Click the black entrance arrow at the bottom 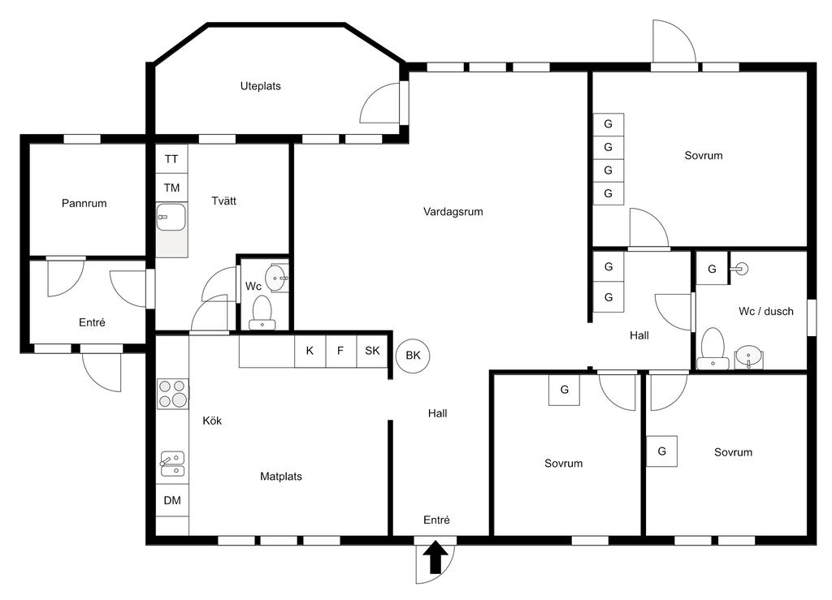pyautogui.click(x=435, y=558)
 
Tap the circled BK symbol pyautogui.click(x=413, y=355)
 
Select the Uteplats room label pyautogui.click(x=260, y=85)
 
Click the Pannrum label pyautogui.click(x=84, y=203)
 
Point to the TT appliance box pyautogui.click(x=171, y=158)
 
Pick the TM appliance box pyautogui.click(x=171, y=188)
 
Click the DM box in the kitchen pyautogui.click(x=172, y=500)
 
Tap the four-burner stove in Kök pyautogui.click(x=172, y=394)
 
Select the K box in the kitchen pyautogui.click(x=310, y=352)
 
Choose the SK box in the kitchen pyautogui.click(x=372, y=352)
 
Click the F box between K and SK pyautogui.click(x=340, y=352)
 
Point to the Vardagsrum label pyautogui.click(x=453, y=212)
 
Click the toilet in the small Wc pyautogui.click(x=262, y=311)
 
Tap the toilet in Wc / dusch pyautogui.click(x=713, y=347)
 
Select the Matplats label pyautogui.click(x=281, y=477)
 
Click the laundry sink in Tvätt pyautogui.click(x=171, y=218)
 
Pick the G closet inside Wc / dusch pyautogui.click(x=712, y=270)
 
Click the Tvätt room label pyautogui.click(x=224, y=201)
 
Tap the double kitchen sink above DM pyautogui.click(x=172, y=464)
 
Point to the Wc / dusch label pyautogui.click(x=765, y=311)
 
